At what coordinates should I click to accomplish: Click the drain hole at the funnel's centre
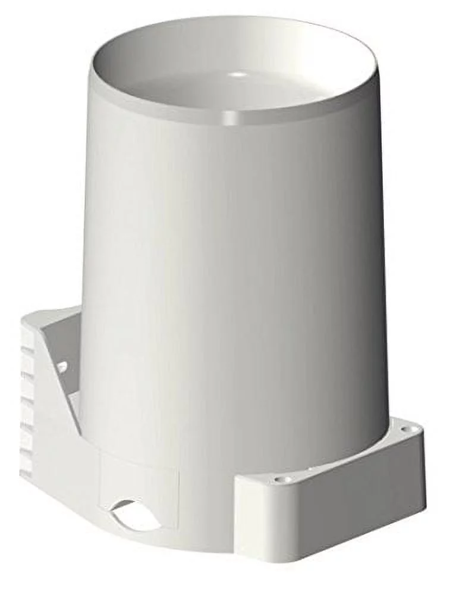238,74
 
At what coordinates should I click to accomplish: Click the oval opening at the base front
136,515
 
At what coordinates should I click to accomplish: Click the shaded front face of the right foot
333,512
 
